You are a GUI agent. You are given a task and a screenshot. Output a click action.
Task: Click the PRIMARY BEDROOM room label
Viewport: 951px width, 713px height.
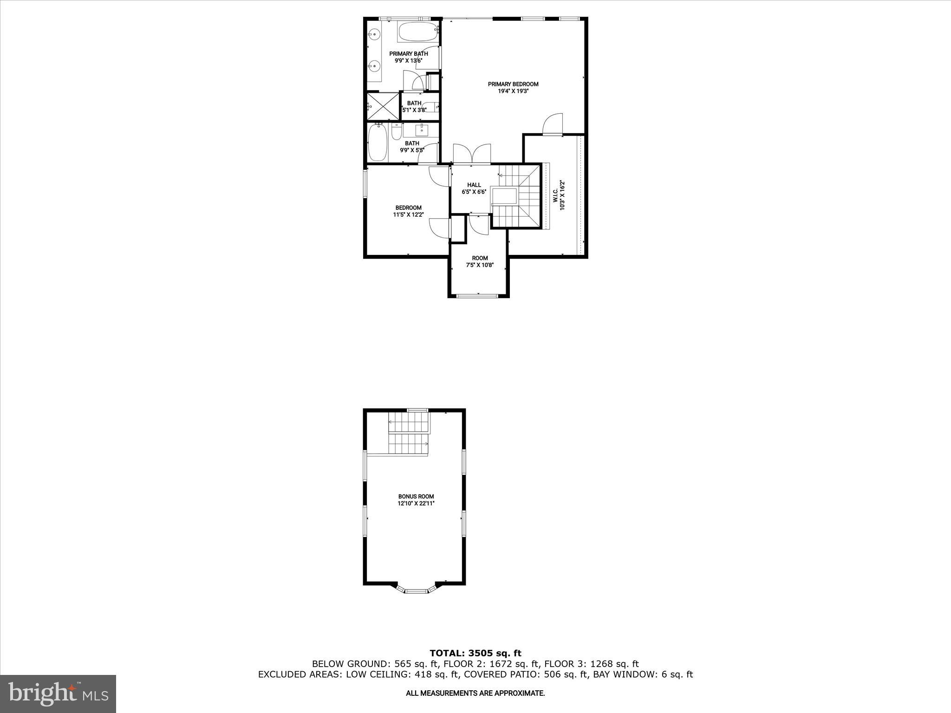click(513, 84)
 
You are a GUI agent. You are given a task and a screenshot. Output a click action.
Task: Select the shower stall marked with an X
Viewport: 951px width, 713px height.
click(383, 106)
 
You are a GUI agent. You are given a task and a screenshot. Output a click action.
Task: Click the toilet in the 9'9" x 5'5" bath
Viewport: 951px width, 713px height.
click(396, 133)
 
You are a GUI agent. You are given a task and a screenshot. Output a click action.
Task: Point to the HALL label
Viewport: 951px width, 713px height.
click(474, 185)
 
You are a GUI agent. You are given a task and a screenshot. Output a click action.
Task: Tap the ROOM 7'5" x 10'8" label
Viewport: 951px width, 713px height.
click(480, 262)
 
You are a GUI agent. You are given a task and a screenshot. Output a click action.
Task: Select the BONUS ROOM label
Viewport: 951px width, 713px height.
click(416, 497)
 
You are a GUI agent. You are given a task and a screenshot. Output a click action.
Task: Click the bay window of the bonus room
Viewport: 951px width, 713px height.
click(417, 590)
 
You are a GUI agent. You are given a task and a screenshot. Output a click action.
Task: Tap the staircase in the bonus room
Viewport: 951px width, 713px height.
click(409, 433)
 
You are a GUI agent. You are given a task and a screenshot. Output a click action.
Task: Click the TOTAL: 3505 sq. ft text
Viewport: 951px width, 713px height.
click(475, 654)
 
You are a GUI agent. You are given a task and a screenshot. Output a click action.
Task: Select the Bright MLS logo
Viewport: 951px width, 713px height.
click(58, 694)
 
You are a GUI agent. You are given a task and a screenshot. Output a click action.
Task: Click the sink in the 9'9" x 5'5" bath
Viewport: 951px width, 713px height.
click(421, 130)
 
